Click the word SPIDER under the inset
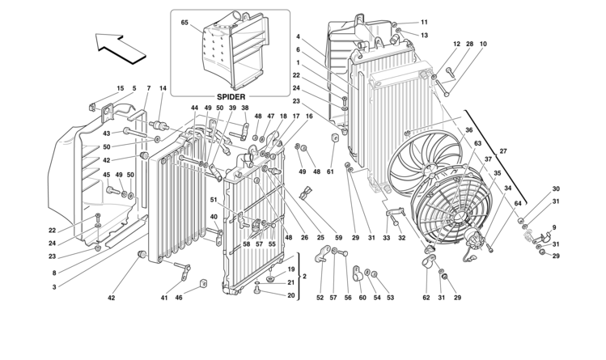(x=231, y=96)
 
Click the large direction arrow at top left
(x=121, y=48)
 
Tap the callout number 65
(x=184, y=23)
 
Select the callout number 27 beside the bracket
(x=502, y=151)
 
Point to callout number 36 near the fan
(x=468, y=130)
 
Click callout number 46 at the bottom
(x=179, y=298)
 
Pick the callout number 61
(x=330, y=172)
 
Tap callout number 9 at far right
(x=554, y=227)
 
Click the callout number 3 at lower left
(x=54, y=287)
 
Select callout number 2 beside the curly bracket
(x=304, y=276)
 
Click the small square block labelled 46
(x=203, y=283)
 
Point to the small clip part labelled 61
(x=335, y=138)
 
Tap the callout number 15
(x=121, y=88)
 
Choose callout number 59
(x=338, y=238)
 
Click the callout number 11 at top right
(x=424, y=23)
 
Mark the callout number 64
(x=518, y=203)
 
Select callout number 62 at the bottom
(x=426, y=298)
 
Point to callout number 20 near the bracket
(x=291, y=295)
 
